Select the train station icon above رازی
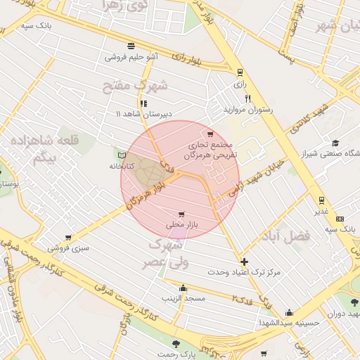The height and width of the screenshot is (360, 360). click(240, 72)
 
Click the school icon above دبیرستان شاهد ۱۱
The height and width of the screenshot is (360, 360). click(143, 103)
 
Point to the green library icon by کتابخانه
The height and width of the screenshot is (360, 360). click(122, 155)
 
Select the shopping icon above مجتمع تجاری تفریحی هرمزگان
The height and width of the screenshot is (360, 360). click(210, 134)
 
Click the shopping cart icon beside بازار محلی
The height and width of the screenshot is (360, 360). click(181, 214)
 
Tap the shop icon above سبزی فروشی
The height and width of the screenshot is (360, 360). click(69, 238)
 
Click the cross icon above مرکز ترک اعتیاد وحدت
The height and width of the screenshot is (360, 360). click(244, 261)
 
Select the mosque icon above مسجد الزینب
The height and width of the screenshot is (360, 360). click(184, 288)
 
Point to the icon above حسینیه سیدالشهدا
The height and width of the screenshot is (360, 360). click(288, 312)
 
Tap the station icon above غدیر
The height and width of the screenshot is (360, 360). click(321, 200)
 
